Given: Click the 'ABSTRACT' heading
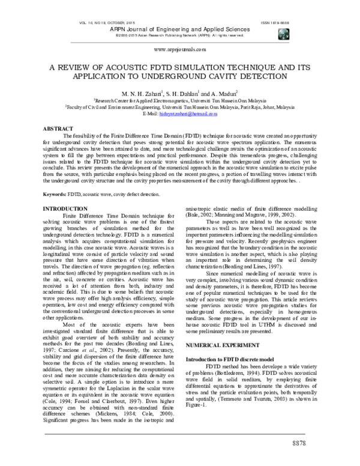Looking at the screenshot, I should tap(59, 129).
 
